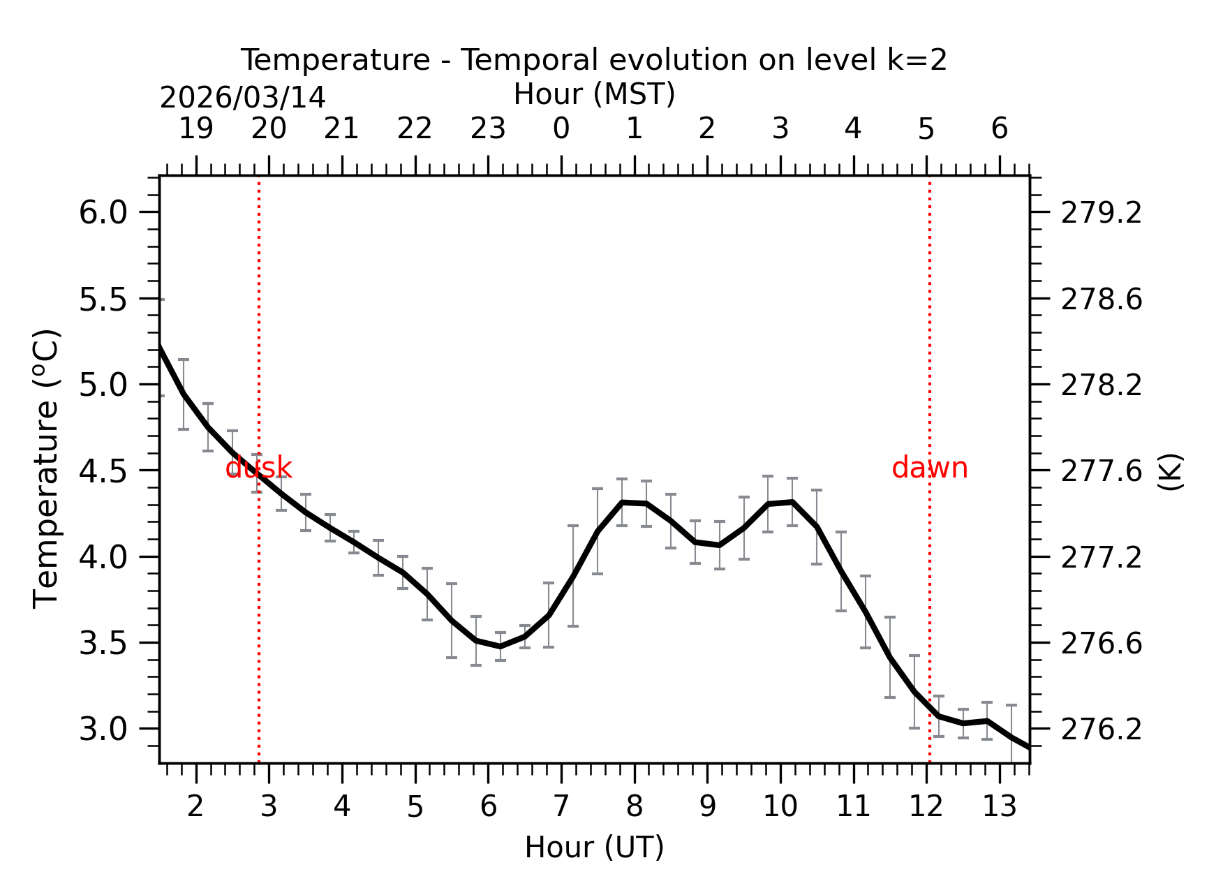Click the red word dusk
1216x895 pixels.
pos(258,468)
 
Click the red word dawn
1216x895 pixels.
pos(929,468)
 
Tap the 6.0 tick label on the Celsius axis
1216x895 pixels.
pos(103,212)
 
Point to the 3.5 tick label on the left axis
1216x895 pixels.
pos(103,643)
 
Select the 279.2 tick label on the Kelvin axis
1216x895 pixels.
pos(1102,213)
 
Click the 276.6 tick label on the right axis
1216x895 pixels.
pos(1102,644)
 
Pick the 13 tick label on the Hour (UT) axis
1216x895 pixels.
pos(1000,807)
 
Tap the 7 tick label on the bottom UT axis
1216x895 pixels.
pos(561,807)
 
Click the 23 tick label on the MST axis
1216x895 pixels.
pos(488,129)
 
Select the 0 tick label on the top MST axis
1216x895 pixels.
pos(561,129)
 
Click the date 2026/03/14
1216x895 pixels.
pos(242,98)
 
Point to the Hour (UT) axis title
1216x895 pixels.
pos(594,848)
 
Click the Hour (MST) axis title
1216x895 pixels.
pos(594,94)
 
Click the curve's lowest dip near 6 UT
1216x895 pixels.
pos(500,646)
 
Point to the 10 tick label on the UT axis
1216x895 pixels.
pos(780,807)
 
